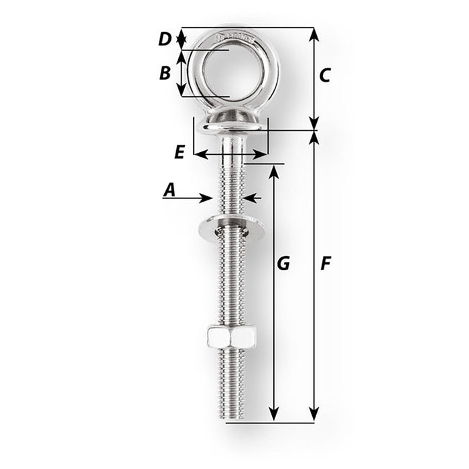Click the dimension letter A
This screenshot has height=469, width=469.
point(169,190)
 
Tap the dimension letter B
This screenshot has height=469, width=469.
point(165,73)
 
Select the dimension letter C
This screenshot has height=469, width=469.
point(324,76)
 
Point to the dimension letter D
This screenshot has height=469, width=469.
point(165,39)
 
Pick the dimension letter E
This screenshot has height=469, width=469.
point(179,152)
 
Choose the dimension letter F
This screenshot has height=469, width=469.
point(325,263)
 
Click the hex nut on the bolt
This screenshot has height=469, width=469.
point(231,337)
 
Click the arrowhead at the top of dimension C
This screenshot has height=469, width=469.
point(313,33)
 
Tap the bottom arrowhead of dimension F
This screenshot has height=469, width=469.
point(313,417)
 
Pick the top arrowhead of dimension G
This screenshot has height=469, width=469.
point(273,171)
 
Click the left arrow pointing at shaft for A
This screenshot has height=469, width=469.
point(207,198)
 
